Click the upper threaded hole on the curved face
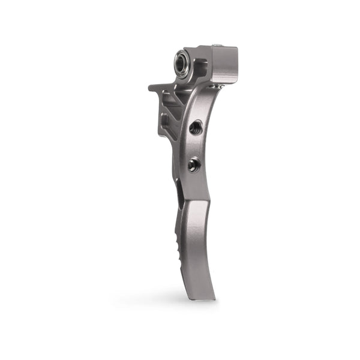(x=195, y=127)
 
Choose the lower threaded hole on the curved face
(x=193, y=164)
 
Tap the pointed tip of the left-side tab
(x=151, y=88)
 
